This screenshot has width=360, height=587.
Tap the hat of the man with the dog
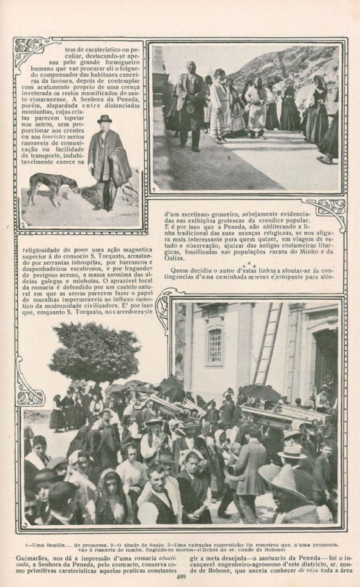[x=105, y=119]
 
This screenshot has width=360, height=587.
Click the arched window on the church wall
[x=215, y=345]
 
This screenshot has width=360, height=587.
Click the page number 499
[x=180, y=575]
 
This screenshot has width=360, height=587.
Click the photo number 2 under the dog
[x=23, y=224]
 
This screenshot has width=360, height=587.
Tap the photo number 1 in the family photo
[x=155, y=189]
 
